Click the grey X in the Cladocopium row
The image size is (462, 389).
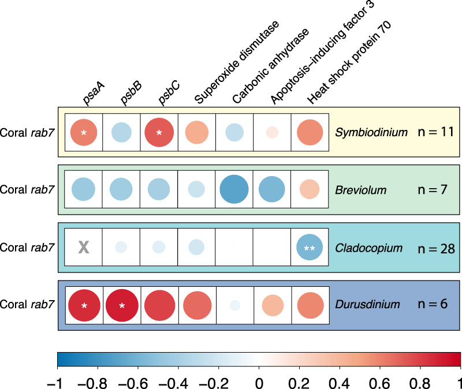[x=84, y=248]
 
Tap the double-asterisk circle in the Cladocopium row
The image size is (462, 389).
[x=310, y=248]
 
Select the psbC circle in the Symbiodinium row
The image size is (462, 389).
[x=159, y=133]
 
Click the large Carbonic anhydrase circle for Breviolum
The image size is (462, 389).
[x=234, y=190]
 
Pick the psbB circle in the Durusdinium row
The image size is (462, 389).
[x=121, y=305]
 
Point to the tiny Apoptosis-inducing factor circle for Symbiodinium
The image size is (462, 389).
[x=272, y=133]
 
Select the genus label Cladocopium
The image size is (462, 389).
[x=362, y=248]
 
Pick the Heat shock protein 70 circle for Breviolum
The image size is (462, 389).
[x=310, y=190]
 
